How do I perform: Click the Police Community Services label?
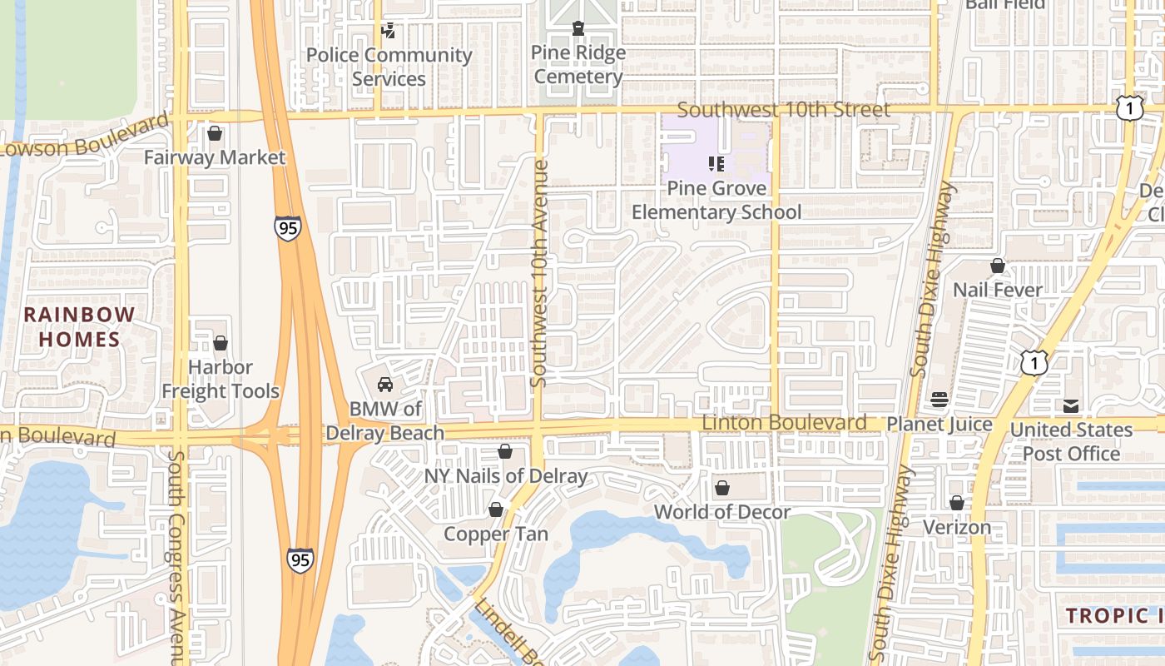coord(389,67)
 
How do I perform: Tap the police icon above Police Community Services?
coord(388,31)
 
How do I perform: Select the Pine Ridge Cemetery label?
coord(578,65)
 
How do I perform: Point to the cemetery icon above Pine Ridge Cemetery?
coord(578,29)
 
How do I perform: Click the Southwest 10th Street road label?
coord(783,110)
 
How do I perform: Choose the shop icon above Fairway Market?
coord(215,133)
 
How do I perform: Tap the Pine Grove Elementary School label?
coord(716,200)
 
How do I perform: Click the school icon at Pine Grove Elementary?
coord(716,163)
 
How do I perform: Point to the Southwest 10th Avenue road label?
coord(538,273)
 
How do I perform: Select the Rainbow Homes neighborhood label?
coord(79,327)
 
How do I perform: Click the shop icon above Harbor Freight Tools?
coord(221,343)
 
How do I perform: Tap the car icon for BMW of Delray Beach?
coord(385,385)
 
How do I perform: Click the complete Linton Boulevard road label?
coord(784,423)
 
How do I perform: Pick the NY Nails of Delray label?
coord(506,476)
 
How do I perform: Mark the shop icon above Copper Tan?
coord(496,509)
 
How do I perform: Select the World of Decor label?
coord(722,512)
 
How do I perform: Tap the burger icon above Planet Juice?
coord(939,400)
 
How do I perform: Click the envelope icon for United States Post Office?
coord(1071,406)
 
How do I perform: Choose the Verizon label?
coord(957,527)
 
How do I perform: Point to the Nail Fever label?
coord(997,290)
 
